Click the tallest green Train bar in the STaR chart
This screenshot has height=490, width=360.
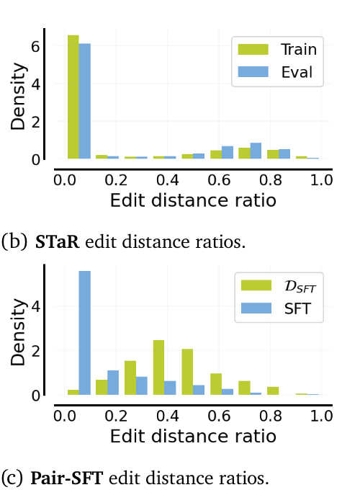[73, 97]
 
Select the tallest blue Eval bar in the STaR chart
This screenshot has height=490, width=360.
[85, 101]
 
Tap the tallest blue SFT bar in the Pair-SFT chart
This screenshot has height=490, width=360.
[85, 332]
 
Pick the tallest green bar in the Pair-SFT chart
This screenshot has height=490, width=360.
[158, 367]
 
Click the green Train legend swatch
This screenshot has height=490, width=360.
[253, 50]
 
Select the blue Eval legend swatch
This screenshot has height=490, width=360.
[253, 71]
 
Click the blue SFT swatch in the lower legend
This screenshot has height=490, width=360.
[256, 308]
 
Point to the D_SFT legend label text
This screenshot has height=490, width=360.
[300, 287]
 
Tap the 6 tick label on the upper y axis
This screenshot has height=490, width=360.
[35, 47]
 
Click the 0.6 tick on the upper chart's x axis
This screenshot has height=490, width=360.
[219, 180]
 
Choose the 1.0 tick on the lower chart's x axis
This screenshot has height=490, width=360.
[321, 416]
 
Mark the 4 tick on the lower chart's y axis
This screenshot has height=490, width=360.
[35, 306]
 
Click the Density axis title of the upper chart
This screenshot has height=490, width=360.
[17, 97]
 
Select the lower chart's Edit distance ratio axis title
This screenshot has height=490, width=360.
[193, 436]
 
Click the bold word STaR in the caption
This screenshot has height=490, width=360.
[58, 242]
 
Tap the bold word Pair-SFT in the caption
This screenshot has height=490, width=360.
[67, 478]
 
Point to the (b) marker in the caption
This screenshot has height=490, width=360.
[14, 242]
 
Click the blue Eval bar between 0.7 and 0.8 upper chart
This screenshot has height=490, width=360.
[256, 151]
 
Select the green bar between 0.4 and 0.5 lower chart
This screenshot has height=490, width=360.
[158, 367]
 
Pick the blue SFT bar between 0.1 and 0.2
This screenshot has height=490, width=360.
[113, 383]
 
